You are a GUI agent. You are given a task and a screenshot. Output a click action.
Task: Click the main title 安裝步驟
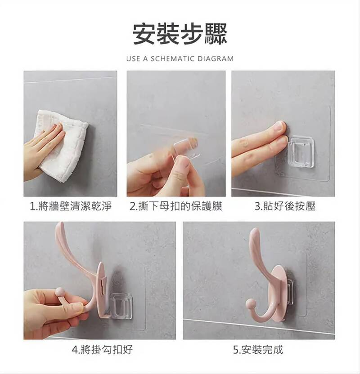pyautogui.click(x=180, y=34)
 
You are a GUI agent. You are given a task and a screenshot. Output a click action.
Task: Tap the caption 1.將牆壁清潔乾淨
pyautogui.click(x=71, y=206)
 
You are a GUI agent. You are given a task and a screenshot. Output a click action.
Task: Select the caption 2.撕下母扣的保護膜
pyautogui.click(x=176, y=206)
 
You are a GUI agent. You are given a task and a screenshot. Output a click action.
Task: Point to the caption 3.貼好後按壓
pyautogui.click(x=285, y=206)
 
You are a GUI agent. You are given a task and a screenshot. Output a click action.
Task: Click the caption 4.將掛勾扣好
pyautogui.click(x=102, y=350)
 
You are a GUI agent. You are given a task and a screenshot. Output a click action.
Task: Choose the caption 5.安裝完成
pyautogui.click(x=258, y=350)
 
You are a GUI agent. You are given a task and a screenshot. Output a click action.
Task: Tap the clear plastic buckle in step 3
pyautogui.click(x=301, y=151)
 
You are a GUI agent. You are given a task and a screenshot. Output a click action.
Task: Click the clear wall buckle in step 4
pyautogui.click(x=121, y=306)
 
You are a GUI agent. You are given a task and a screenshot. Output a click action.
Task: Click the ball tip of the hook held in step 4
pyautogui.click(x=60, y=292)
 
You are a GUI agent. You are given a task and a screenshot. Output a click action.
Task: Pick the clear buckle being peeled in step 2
pyautogui.click(x=186, y=148)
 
